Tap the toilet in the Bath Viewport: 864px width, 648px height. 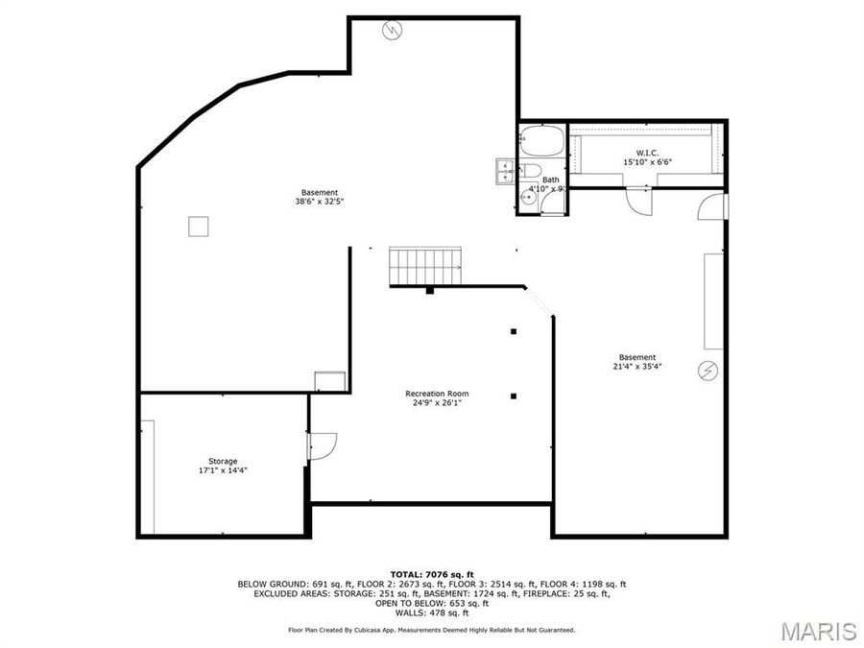point(530,171)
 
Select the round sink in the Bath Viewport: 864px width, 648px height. point(526,196)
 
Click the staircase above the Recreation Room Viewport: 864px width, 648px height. point(425,263)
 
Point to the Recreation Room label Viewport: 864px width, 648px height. point(437,394)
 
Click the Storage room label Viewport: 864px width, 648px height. point(223,461)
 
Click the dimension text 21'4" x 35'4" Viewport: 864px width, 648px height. point(637,366)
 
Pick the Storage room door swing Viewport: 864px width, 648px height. point(325,445)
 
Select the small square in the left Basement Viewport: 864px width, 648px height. point(198,226)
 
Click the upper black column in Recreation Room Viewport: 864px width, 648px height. point(514,331)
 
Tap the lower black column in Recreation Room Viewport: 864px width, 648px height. point(514,396)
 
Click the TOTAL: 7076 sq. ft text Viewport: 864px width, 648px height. point(431,573)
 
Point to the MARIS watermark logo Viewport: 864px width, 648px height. point(818,630)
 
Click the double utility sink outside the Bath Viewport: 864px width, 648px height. point(506,171)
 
